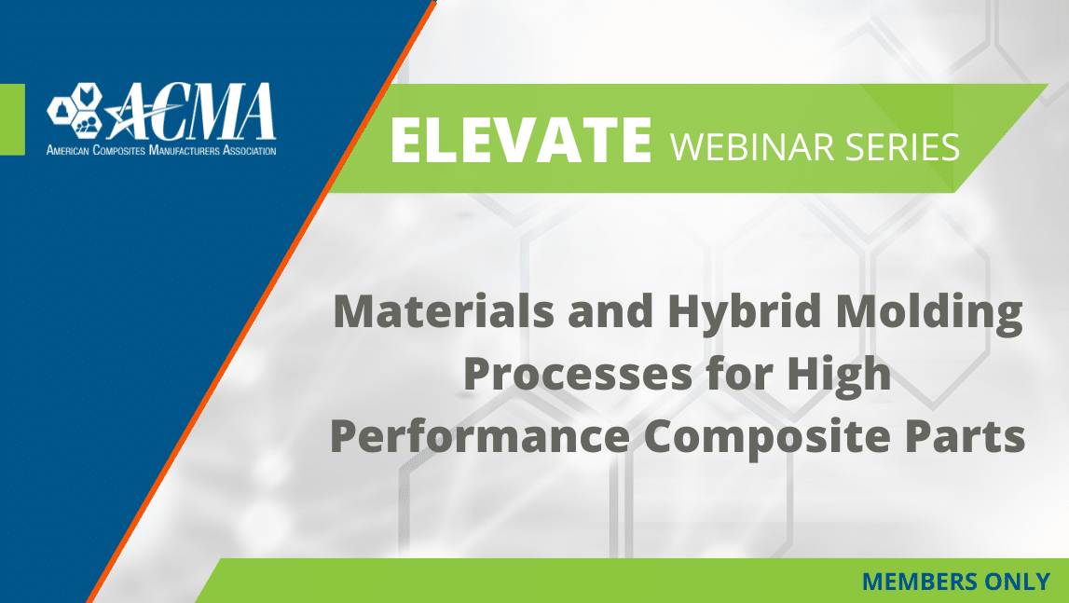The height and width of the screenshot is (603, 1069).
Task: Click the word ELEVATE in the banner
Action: coord(521,140)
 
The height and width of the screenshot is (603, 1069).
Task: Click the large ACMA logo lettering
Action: coord(191,112)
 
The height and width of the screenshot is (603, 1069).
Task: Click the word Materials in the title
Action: coord(444,311)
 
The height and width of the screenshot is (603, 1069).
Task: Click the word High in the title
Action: coord(839,376)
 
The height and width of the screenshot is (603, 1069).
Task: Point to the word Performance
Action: coord(480,437)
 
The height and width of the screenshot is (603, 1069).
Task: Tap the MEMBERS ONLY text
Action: coord(956,582)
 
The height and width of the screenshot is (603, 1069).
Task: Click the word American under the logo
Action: coord(67,150)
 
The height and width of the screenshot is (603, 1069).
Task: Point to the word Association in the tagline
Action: coord(250,150)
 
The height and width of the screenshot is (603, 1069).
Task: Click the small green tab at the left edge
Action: coord(12,119)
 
